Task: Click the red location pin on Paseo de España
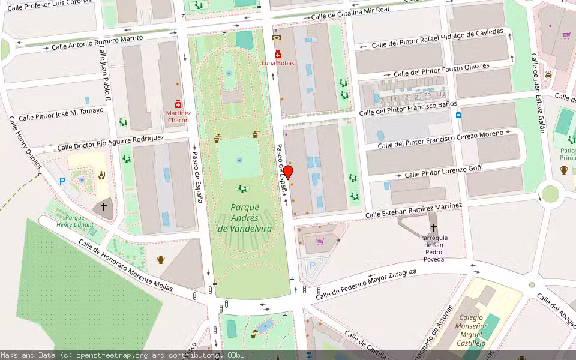[x=288, y=172]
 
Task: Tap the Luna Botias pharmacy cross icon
[x=277, y=54]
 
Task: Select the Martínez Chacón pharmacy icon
[x=178, y=104]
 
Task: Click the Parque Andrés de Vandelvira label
[x=244, y=218]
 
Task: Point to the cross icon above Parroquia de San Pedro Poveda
[x=433, y=228]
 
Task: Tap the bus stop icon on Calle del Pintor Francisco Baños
[x=458, y=115]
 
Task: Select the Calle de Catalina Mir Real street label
[x=350, y=12]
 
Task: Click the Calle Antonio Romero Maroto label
[x=97, y=42]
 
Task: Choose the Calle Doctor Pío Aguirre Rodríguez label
[x=110, y=143]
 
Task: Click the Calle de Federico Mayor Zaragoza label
[x=366, y=284]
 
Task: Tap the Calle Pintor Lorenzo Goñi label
[x=443, y=171]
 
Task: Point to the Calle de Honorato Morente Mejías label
[x=125, y=266]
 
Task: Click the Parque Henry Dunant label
[x=71, y=221]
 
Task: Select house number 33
[x=441, y=94]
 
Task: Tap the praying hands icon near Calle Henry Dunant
[x=101, y=176]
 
